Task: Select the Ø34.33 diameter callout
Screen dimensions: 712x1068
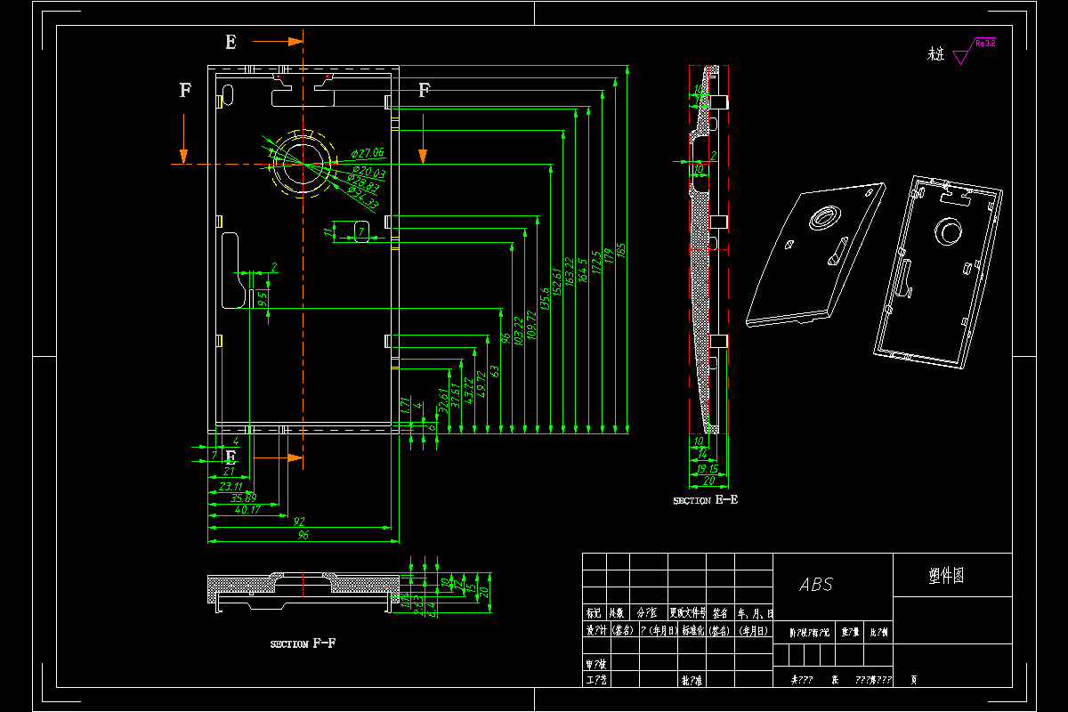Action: click(x=363, y=199)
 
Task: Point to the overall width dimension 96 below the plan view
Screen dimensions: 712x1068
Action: click(x=303, y=536)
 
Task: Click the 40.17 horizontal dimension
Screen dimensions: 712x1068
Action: click(x=247, y=510)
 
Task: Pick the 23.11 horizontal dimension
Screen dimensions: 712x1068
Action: click(x=230, y=487)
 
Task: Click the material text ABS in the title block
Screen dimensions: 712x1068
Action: click(x=815, y=585)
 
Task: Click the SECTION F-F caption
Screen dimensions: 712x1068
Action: click(x=303, y=643)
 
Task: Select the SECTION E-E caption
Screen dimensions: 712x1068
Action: click(x=705, y=500)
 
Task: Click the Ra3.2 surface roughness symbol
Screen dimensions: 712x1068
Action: click(x=975, y=49)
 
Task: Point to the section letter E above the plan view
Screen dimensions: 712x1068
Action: click(x=231, y=42)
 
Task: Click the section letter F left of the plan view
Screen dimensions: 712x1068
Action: click(x=185, y=90)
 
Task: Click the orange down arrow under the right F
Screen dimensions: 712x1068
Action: click(x=424, y=156)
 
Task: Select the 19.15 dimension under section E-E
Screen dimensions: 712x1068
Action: click(x=708, y=469)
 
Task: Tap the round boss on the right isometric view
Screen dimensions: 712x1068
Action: click(x=947, y=232)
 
